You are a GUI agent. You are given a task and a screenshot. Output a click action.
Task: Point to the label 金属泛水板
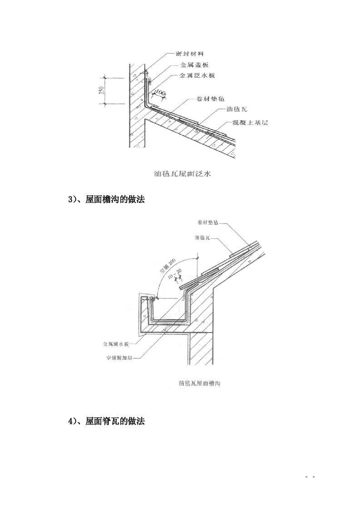click(x=197, y=75)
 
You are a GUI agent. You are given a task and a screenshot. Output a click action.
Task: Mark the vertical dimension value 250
click(x=100, y=91)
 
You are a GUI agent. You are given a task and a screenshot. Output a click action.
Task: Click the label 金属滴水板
click(x=118, y=344)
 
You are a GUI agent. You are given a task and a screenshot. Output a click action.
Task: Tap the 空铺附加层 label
click(x=118, y=357)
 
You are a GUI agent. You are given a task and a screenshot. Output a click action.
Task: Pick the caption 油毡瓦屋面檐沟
click(x=200, y=383)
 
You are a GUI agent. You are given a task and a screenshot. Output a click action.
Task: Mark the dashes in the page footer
click(x=311, y=477)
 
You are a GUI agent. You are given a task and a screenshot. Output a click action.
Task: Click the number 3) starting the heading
click(x=72, y=199)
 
